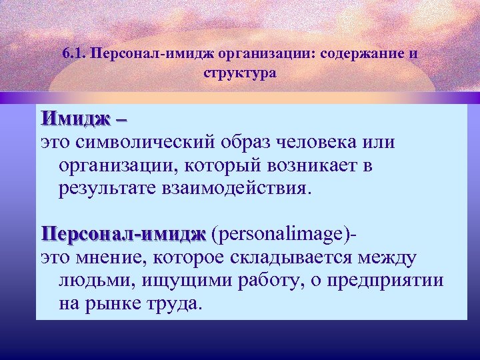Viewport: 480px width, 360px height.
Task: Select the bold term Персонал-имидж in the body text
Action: [x=123, y=234]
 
